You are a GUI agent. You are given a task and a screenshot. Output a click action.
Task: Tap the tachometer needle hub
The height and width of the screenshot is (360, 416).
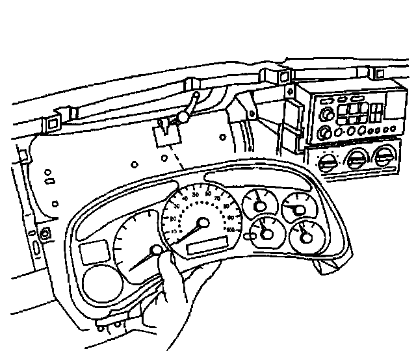[x=156, y=250]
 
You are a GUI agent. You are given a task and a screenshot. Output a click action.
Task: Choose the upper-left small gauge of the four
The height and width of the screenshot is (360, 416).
[x=259, y=205]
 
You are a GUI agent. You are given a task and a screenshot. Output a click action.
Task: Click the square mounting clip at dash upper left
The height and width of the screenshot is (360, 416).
[x=53, y=122]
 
